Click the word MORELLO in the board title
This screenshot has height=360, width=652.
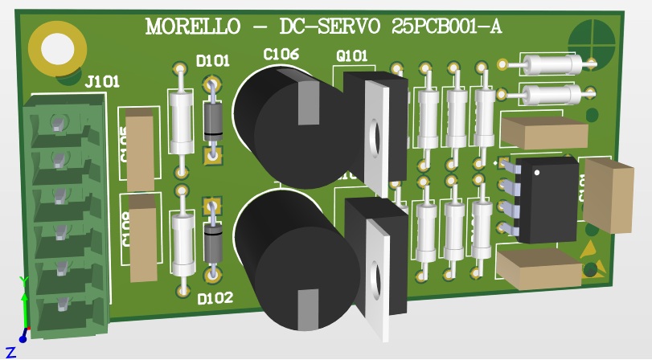193,27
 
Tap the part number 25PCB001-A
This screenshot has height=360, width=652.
447,27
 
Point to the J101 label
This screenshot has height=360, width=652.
102,80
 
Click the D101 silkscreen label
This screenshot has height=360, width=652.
213,60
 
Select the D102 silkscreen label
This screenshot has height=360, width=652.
215,298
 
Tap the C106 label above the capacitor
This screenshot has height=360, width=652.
281,54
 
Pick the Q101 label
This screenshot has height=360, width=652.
351,56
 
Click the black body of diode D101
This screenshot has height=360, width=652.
213,120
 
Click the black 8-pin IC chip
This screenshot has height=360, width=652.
547,199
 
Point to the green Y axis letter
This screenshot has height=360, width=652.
23,280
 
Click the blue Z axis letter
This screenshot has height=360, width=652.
11,351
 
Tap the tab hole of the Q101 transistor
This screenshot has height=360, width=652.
374,137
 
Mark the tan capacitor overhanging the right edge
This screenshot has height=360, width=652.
609,194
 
